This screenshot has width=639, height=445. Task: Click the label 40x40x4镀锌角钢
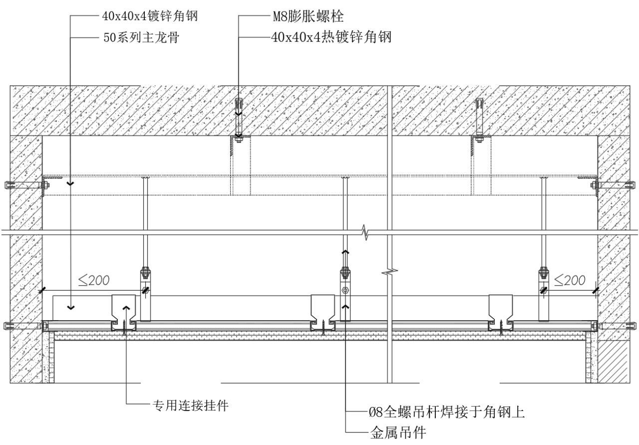150,15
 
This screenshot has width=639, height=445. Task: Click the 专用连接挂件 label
189,406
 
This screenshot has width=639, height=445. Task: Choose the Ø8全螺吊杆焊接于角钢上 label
446,412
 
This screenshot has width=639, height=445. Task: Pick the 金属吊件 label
397,432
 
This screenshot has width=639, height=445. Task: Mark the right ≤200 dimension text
570,281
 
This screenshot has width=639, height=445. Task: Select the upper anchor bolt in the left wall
25,185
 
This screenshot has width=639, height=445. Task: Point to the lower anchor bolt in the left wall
25,326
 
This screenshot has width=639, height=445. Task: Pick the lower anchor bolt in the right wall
615,326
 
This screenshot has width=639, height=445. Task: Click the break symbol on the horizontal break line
366,233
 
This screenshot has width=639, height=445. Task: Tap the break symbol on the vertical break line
389,273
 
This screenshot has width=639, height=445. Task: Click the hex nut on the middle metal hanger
345,291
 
